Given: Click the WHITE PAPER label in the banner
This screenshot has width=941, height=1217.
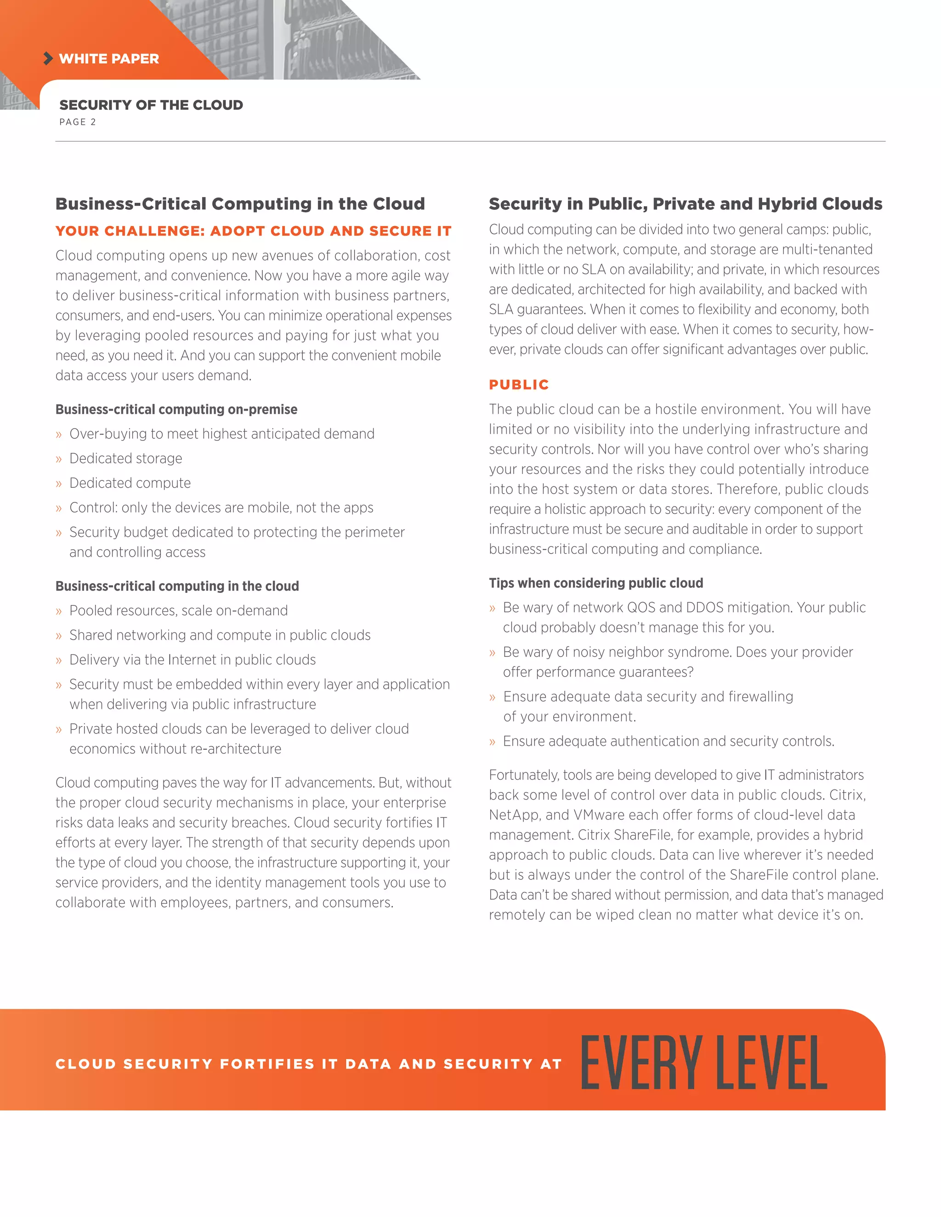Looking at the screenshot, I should (x=109, y=58).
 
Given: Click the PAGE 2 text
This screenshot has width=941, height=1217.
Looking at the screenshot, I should (x=78, y=122).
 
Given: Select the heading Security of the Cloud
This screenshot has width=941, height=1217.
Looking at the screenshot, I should (x=151, y=105).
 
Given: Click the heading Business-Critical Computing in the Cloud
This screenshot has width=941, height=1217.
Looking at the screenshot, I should (x=240, y=203).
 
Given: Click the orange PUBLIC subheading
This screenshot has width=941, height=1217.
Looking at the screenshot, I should (x=518, y=384).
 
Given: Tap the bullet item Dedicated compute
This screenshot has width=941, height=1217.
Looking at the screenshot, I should (x=130, y=483).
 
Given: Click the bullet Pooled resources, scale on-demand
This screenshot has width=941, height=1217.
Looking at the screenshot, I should (x=178, y=610).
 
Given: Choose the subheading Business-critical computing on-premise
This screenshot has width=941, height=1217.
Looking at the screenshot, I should (x=176, y=409).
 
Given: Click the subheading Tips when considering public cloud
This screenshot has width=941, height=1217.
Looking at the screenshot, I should (x=595, y=583).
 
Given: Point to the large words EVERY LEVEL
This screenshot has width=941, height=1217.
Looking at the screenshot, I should (x=703, y=1063).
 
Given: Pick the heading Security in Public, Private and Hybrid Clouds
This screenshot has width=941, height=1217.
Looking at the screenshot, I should (x=685, y=203).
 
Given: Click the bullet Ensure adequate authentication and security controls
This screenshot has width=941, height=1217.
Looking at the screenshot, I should (x=668, y=741).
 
